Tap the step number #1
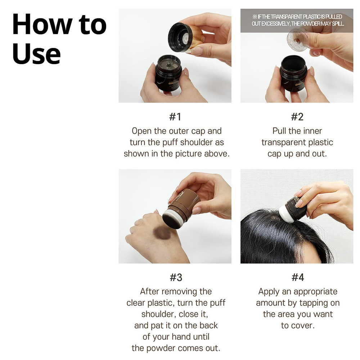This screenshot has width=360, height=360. point(175,117)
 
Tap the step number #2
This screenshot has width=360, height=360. point(297,117)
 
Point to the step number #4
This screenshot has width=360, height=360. point(297,277)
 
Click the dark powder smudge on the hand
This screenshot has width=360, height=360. point(163,233)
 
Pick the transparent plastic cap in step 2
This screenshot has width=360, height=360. point(297,38)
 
